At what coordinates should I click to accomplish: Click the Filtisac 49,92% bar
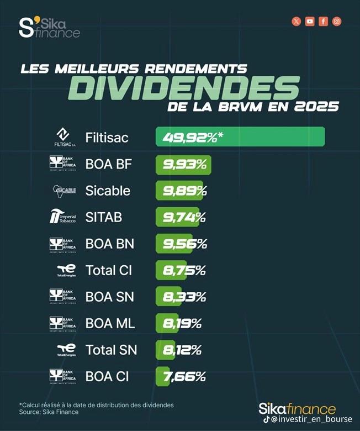pos(240,137)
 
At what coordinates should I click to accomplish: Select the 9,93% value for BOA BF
pos(184,164)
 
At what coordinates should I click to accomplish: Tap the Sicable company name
pos(108,191)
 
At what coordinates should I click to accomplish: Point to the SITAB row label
pos(103,217)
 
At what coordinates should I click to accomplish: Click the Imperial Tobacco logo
pos(62,217)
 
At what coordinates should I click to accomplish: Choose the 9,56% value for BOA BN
pos(184,244)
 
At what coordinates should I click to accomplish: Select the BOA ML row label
pos(110,323)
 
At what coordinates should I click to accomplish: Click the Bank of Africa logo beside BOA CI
pos(62,376)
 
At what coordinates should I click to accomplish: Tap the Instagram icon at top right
pos(336,22)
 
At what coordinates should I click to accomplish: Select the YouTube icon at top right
pos(310,22)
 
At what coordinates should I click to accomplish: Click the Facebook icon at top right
pos(323,22)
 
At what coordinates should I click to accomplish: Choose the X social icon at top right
pos(297,22)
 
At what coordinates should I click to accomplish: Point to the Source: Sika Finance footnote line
pos(49,412)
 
